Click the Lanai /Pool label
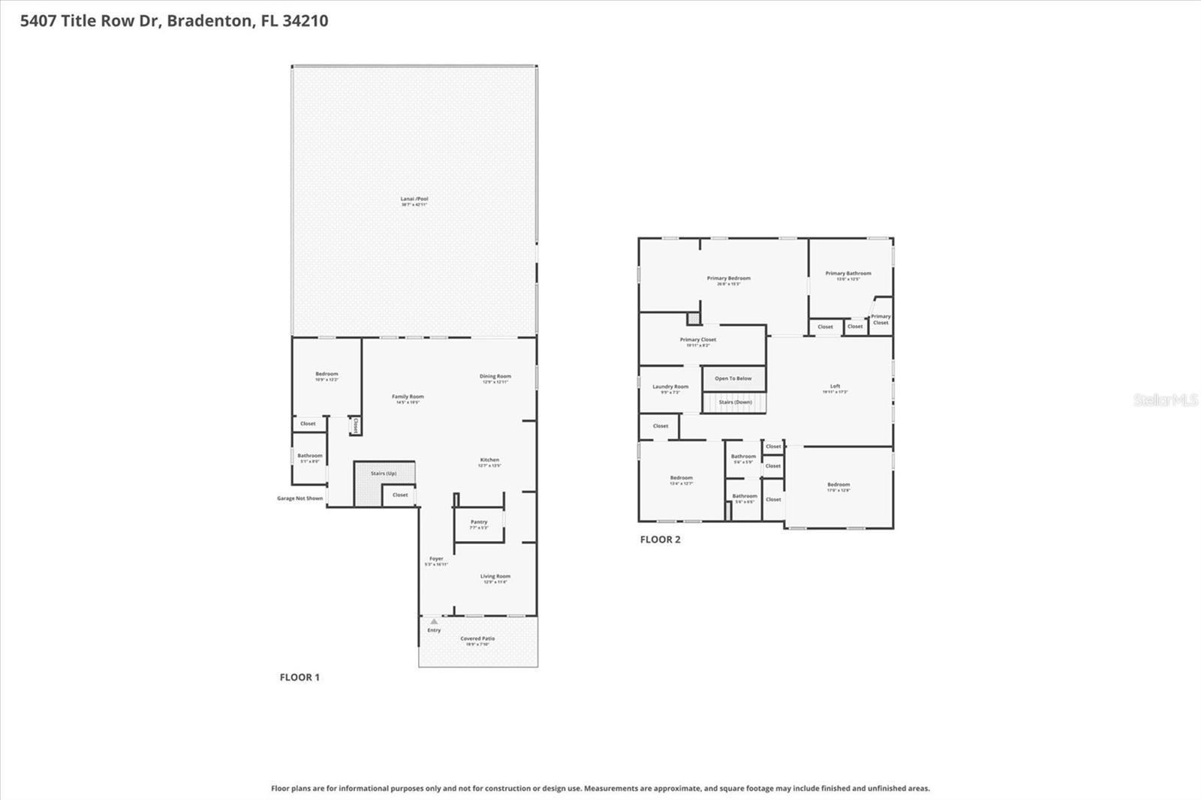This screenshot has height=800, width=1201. tap(414, 200)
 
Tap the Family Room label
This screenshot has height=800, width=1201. tap(408, 397)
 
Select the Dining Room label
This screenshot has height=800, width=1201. tap(495, 377)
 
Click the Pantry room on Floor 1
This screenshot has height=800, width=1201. tap(479, 523)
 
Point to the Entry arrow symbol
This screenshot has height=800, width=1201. tap(434, 621)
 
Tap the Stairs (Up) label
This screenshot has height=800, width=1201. tap(384, 474)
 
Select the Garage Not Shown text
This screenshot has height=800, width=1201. tap(299, 498)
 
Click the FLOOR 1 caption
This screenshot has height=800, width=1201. tap(299, 677)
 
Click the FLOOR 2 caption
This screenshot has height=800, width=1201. tap(660, 539)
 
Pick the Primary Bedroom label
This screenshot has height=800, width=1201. tap(728, 278)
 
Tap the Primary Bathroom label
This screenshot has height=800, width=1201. tap(848, 274)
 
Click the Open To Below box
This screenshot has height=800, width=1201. tap(733, 378)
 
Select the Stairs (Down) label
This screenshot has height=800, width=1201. tap(735, 402)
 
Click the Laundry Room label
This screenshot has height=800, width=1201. tap(670, 387)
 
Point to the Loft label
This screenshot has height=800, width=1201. tap(835, 386)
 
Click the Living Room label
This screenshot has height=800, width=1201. tap(495, 577)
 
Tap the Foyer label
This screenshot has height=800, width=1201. tap(436, 559)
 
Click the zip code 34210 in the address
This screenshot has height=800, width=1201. tap(305, 20)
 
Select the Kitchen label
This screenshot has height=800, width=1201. tap(489, 460)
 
